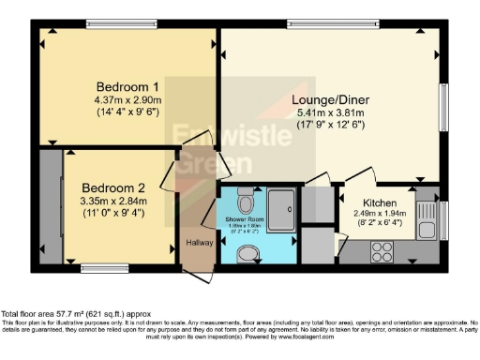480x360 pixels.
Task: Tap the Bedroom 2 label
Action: click(x=112, y=187)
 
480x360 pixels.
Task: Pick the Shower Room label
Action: click(x=242, y=220)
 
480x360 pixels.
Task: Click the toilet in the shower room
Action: click(x=246, y=201)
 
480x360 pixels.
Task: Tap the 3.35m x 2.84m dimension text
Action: click(x=112, y=200)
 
